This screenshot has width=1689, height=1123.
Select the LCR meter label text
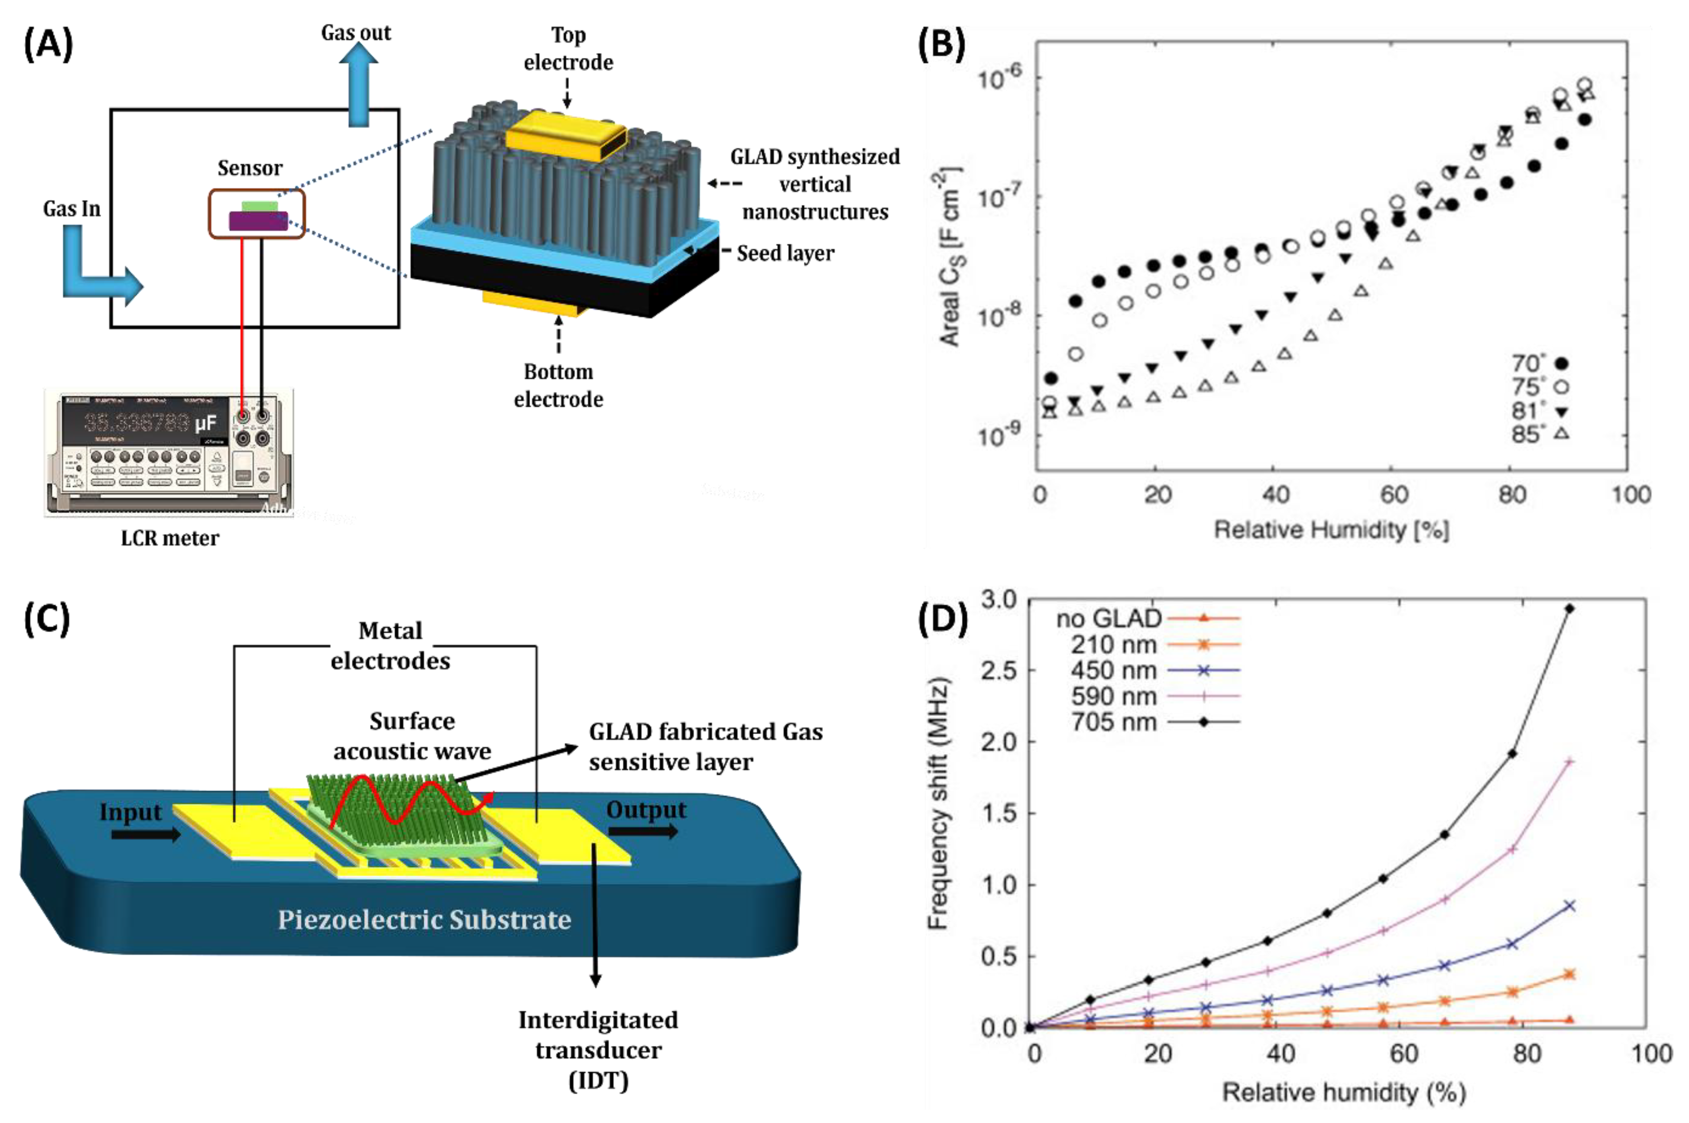[x=170, y=538]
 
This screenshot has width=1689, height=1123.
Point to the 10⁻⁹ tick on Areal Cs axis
[x=1000, y=435]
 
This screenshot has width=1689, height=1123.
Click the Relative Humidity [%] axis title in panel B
[x=1331, y=530]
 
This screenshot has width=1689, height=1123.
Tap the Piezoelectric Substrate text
[x=424, y=919]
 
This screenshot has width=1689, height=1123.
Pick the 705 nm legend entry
[x=1153, y=722]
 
